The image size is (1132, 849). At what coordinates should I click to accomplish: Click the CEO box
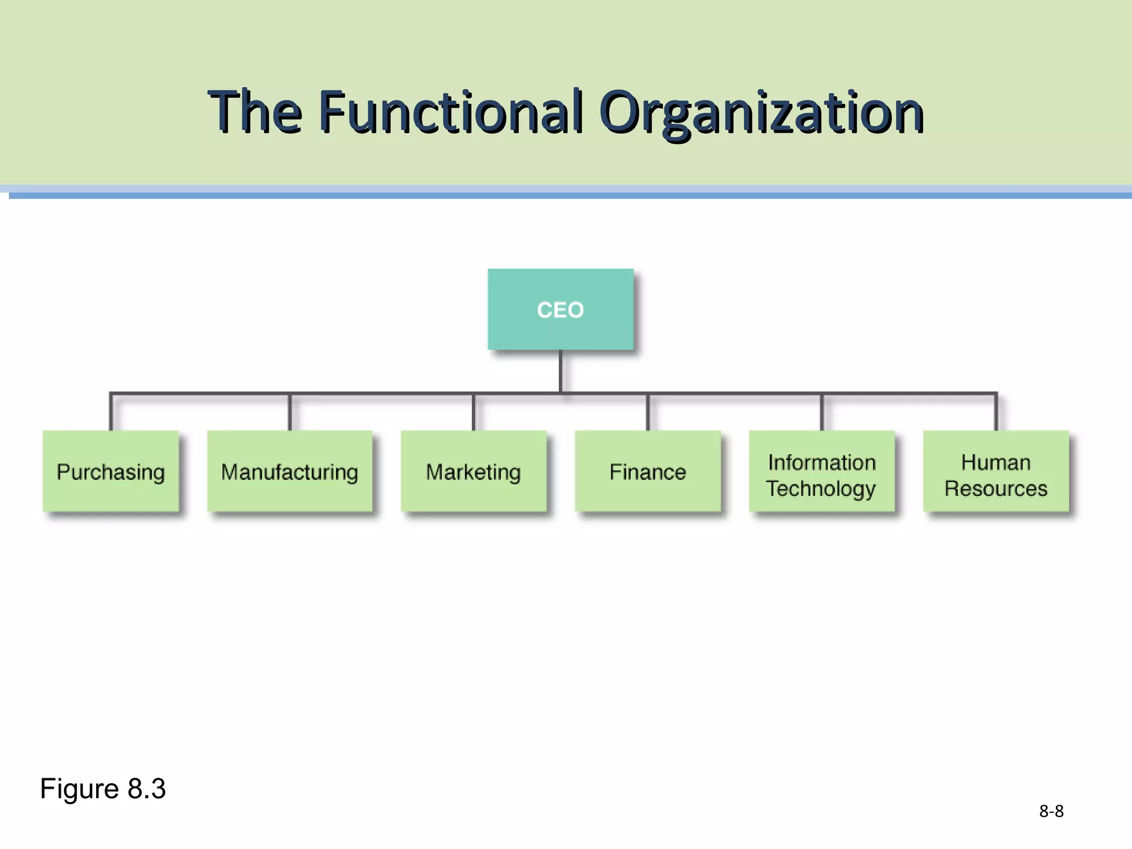click(x=560, y=310)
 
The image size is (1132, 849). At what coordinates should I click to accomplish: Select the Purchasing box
click(x=111, y=471)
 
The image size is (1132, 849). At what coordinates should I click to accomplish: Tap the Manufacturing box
click(x=290, y=471)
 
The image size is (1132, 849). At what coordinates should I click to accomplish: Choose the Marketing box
click(x=473, y=471)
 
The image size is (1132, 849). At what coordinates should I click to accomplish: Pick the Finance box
click(x=647, y=471)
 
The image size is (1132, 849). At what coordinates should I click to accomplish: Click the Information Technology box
click(x=821, y=471)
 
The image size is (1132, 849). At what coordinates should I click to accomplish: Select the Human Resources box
click(x=995, y=471)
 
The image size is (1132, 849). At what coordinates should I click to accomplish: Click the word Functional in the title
click(x=450, y=112)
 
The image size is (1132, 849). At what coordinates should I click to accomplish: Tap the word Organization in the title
click(x=762, y=112)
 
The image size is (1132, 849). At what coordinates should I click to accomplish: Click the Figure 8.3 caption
click(x=103, y=788)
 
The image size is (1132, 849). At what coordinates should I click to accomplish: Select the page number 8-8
click(x=1051, y=811)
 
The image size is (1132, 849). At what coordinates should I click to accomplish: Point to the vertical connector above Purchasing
click(x=111, y=412)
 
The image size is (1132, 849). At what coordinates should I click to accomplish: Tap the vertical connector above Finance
click(x=648, y=412)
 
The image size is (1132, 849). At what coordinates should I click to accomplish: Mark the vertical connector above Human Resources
click(x=996, y=412)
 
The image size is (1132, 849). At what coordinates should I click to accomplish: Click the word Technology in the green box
click(x=821, y=489)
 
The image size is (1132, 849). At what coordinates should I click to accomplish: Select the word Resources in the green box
click(x=995, y=489)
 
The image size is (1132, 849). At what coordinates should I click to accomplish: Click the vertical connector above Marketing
click(x=474, y=412)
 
